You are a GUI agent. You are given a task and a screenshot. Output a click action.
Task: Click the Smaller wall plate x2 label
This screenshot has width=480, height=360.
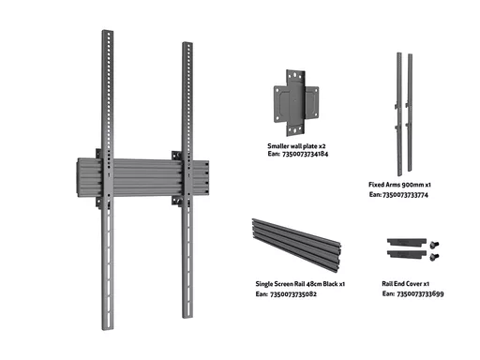pyautogui.click(x=296, y=146)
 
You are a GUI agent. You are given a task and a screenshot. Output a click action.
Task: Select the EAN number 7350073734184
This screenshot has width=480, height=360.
pyautogui.click(x=305, y=154)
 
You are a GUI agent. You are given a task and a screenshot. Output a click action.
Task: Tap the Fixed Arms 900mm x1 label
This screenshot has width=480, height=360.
pyautogui.click(x=399, y=185)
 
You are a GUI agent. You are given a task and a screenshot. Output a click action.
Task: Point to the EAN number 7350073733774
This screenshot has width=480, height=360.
pyautogui.click(x=405, y=195)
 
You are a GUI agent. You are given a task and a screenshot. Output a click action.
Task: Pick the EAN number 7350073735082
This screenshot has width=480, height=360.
pyautogui.click(x=293, y=294)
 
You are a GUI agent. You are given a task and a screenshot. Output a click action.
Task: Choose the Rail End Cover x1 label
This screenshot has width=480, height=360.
pyautogui.click(x=406, y=284)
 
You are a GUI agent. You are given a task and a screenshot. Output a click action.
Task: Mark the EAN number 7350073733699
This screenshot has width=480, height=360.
pyautogui.click(x=420, y=293)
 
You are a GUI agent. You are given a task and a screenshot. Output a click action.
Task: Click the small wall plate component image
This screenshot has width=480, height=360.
pyautogui.click(x=296, y=103)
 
